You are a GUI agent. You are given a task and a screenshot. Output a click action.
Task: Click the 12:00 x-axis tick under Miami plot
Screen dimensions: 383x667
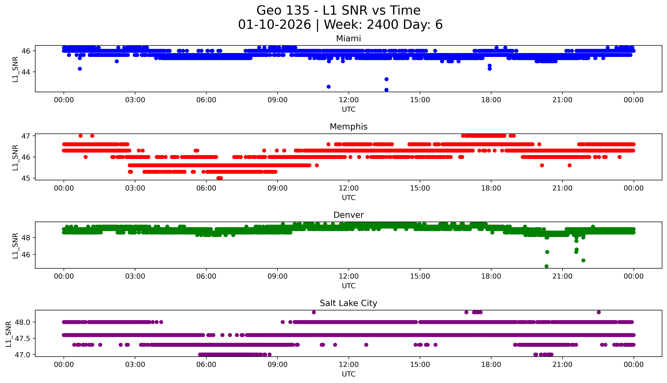pos(349,100)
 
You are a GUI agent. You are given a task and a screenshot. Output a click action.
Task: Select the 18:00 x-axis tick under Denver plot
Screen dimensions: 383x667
pos(491,276)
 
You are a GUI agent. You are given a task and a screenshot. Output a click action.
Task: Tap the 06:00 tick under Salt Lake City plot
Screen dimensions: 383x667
pos(206,365)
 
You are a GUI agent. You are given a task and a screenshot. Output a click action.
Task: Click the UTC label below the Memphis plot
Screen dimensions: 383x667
pos(349,197)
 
